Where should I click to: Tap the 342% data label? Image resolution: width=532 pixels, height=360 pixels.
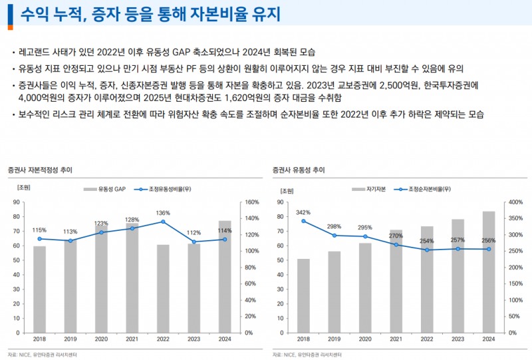click(x=304, y=212)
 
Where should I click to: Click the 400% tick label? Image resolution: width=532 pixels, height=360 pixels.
click(x=517, y=202)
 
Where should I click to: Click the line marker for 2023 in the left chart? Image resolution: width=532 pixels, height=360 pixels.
click(x=194, y=243)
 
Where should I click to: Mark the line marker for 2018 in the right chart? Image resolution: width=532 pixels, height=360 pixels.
click(x=304, y=221)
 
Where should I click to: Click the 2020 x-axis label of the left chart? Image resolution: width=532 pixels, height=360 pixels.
click(x=101, y=339)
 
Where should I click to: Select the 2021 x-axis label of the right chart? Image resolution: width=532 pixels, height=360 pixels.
click(x=396, y=339)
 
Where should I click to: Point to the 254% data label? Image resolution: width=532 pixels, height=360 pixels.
click(x=427, y=241)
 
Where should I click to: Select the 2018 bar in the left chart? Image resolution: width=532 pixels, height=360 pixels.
click(x=40, y=289)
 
